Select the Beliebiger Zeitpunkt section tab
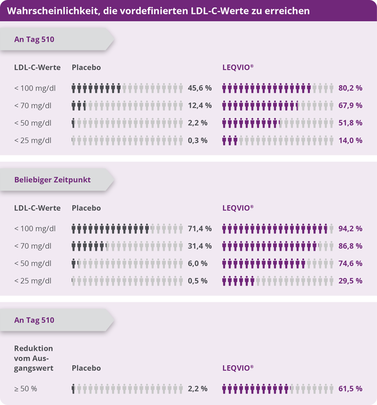(x=52, y=180)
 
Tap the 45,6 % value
(x=199, y=88)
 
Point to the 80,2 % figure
(x=350, y=88)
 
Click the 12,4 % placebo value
(x=199, y=106)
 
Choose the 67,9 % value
(x=350, y=106)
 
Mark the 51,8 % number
(x=350, y=123)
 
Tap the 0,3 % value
(x=197, y=141)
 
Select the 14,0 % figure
(x=350, y=141)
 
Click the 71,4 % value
(x=199, y=229)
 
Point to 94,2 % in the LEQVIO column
(x=350, y=229)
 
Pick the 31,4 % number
(x=199, y=246)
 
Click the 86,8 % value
(x=350, y=246)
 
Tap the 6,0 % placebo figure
(x=197, y=264)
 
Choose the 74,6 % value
(x=350, y=264)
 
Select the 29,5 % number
(x=350, y=281)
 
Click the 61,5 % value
(x=350, y=389)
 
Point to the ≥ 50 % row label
(x=26, y=389)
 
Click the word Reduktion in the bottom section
(x=34, y=348)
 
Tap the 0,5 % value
(x=197, y=281)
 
